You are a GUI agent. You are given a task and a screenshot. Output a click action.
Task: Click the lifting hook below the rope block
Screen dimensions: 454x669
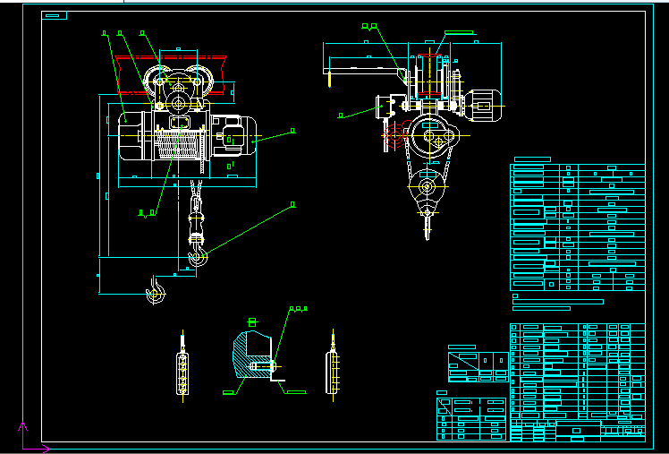coord(199,258)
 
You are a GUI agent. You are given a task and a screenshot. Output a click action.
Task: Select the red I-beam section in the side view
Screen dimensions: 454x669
coord(429,73)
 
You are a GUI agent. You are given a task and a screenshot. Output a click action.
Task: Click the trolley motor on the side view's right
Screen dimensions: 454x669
coord(484,105)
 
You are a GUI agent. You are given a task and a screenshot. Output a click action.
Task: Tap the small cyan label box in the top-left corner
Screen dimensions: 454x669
coord(55,16)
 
